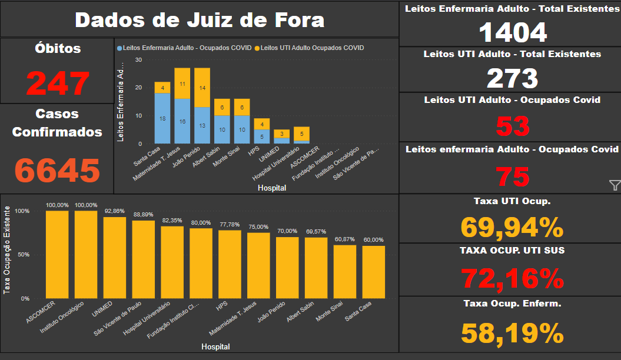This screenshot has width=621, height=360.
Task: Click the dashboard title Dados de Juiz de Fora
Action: pos(200,19)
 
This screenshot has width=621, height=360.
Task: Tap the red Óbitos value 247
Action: pos(58,83)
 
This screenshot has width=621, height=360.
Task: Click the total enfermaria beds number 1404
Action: pos(513,32)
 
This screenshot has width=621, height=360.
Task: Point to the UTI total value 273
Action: pos(513,78)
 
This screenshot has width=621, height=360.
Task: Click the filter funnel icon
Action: pos(615,186)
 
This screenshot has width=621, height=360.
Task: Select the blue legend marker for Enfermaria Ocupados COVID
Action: pos(120,48)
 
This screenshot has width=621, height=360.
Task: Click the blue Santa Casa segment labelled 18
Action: pos(162,118)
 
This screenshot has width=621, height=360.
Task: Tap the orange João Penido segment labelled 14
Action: pos(202,88)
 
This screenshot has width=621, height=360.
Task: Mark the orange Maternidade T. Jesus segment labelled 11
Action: pos(182,84)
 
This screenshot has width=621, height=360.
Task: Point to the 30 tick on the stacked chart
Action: pos(138,59)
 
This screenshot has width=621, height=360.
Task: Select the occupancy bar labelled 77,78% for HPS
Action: pos(230,264)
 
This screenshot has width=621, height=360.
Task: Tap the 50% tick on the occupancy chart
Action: pos(22,255)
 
